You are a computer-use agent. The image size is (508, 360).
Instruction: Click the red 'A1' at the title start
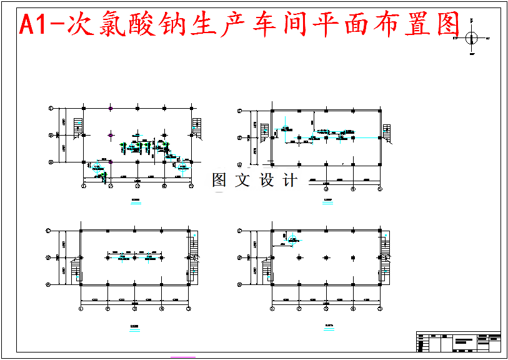tap(35, 25)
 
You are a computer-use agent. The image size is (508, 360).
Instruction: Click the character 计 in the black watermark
tap(291, 181)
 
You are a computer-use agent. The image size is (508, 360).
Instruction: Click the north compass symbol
tap(471, 39)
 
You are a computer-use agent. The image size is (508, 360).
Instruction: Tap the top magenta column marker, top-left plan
tap(111, 109)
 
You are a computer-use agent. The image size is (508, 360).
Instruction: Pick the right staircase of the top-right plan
tap(386, 133)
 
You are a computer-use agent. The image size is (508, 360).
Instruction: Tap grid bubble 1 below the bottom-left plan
tap(82, 308)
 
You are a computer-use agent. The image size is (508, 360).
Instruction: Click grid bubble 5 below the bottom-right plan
tap(380, 308)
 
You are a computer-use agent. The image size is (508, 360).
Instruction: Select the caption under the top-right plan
tap(328, 200)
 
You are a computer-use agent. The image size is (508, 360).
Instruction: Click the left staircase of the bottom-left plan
tap(77, 268)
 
